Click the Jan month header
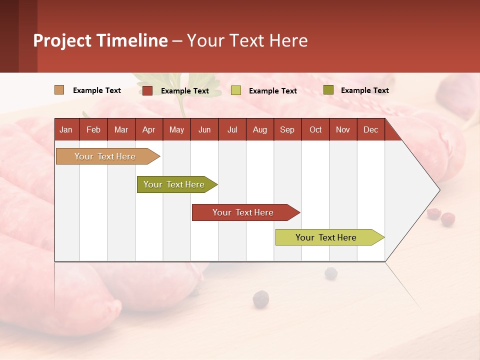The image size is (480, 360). point(66,129)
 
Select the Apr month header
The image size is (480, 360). point(149,129)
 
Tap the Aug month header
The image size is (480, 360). point(260,129)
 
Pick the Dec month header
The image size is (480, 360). point(371,129)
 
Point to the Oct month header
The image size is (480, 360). point(315,129)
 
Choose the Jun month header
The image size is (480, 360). point(204,129)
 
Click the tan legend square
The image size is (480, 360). point(59,90)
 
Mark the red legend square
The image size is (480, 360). point(147,90)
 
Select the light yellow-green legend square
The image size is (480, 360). point(236,90)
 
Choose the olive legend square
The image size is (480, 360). point(328,90)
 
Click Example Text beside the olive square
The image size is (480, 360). point(364,90)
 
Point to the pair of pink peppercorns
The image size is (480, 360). point(441,216)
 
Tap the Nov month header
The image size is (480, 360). point(343,129)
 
